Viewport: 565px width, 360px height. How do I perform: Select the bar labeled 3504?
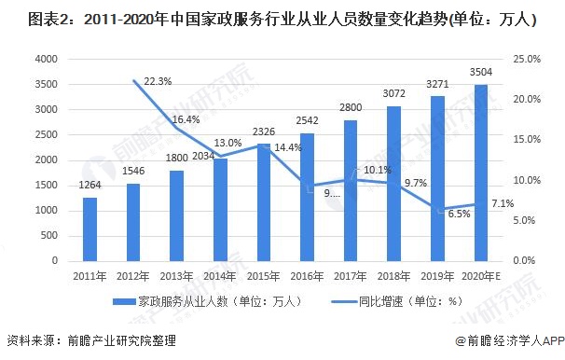[x=481, y=172]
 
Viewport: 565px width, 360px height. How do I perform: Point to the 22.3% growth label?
[x=158, y=82]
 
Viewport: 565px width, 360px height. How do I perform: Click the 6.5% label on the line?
[x=458, y=214]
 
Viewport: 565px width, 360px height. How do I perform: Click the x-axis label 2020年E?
[x=482, y=275]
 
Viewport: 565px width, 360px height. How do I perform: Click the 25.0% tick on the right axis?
[x=526, y=59]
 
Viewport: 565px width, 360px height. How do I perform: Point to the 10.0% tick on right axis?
[x=526, y=179]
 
